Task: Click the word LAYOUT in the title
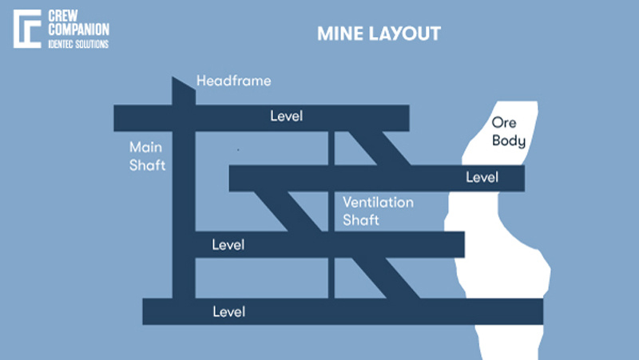(x=405, y=34)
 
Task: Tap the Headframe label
(x=234, y=81)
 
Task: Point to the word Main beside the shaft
(x=146, y=148)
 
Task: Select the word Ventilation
(x=379, y=202)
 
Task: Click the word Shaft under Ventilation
(x=360, y=220)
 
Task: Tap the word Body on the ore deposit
(x=509, y=141)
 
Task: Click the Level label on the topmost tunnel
(x=287, y=117)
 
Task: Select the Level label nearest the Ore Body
(x=482, y=177)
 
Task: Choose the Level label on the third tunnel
(x=228, y=244)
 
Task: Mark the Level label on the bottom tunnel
(x=228, y=311)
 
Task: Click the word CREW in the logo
(x=65, y=15)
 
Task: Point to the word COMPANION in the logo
(x=79, y=30)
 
